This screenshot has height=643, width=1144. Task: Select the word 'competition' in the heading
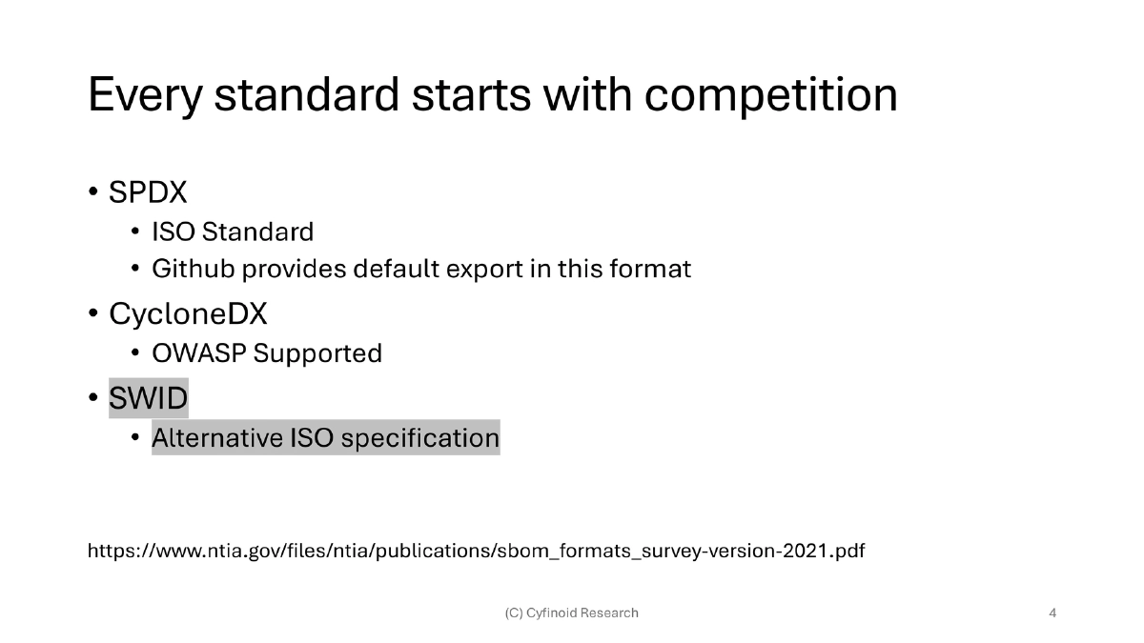click(770, 95)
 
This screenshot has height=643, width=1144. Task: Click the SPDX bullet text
click(148, 192)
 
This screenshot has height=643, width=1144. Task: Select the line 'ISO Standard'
click(233, 231)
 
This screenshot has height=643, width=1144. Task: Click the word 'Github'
click(193, 269)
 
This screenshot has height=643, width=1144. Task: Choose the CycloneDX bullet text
click(188, 313)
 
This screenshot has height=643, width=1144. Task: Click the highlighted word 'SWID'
click(149, 397)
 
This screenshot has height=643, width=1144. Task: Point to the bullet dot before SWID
click(93, 398)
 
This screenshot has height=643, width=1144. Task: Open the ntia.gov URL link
click(476, 551)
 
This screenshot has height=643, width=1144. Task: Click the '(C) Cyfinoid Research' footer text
click(571, 613)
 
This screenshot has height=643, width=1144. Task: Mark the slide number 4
click(1052, 613)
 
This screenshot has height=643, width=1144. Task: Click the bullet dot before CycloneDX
click(93, 314)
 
